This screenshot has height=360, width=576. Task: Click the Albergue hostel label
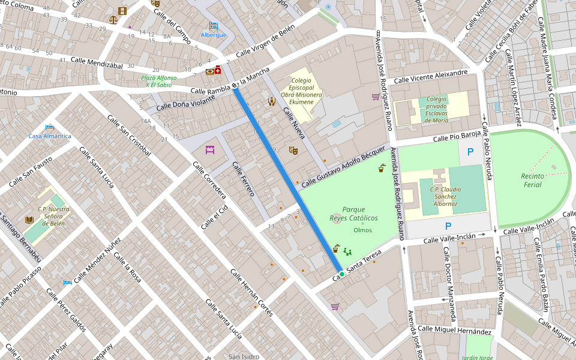pos(214,35)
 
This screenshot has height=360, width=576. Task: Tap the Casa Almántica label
pos(50,136)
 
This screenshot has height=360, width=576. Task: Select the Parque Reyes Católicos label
pos(354,214)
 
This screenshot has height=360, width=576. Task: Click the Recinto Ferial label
pos(532,180)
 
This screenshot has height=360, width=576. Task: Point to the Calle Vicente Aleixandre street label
pos(430,77)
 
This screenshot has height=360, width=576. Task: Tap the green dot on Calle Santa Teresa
pos(341,274)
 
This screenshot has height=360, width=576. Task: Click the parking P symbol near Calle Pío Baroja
pos(470,152)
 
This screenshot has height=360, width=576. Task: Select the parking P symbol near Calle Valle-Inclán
pos(448,226)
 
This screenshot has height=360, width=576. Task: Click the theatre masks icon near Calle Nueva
pos(293,150)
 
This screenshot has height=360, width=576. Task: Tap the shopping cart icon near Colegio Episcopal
pos(376,97)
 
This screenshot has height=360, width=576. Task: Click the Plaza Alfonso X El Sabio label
pos(159,82)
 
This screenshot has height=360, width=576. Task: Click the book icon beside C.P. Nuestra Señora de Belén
pos(29,220)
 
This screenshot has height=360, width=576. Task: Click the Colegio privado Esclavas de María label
pos(437,110)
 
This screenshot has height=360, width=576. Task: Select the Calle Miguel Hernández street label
pos(454,330)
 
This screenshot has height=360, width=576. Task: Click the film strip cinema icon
pos(122,11)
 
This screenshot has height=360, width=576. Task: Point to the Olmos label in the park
pos(362,230)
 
